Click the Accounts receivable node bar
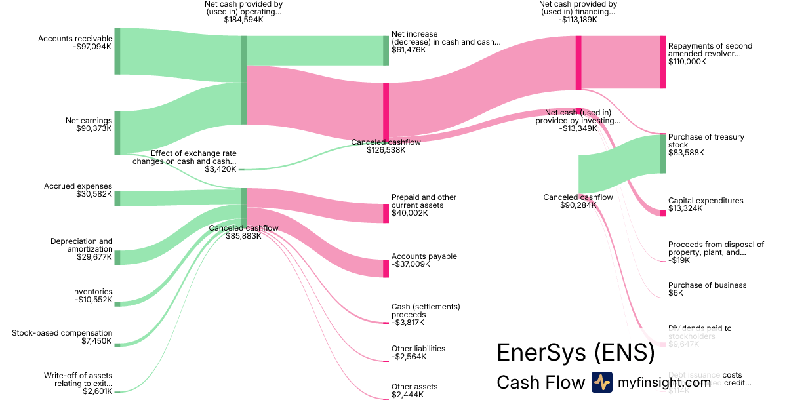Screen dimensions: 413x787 tap(117, 51)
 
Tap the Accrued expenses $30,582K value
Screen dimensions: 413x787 tap(94, 195)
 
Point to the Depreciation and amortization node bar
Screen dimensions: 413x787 tap(117, 257)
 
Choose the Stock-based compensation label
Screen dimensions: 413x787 tap(62, 333)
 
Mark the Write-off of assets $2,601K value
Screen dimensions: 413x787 tap(97, 392)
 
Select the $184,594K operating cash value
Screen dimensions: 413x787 tap(243, 20)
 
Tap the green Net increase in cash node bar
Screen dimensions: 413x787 tap(386, 50)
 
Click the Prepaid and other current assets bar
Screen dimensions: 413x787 tap(386, 213)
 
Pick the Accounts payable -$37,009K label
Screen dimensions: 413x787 tap(424, 260)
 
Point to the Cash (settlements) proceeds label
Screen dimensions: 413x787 tap(426, 310)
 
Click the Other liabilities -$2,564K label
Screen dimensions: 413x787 tap(418, 353)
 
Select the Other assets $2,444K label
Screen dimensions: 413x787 tap(414, 391)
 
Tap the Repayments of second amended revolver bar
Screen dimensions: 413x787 tap(662, 62)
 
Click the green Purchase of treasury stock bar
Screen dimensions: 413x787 tap(662, 154)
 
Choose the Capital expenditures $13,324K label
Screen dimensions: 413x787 tap(705, 205)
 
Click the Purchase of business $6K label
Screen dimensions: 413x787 tap(707, 289)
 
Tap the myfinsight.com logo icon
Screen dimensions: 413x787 tap(602, 382)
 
